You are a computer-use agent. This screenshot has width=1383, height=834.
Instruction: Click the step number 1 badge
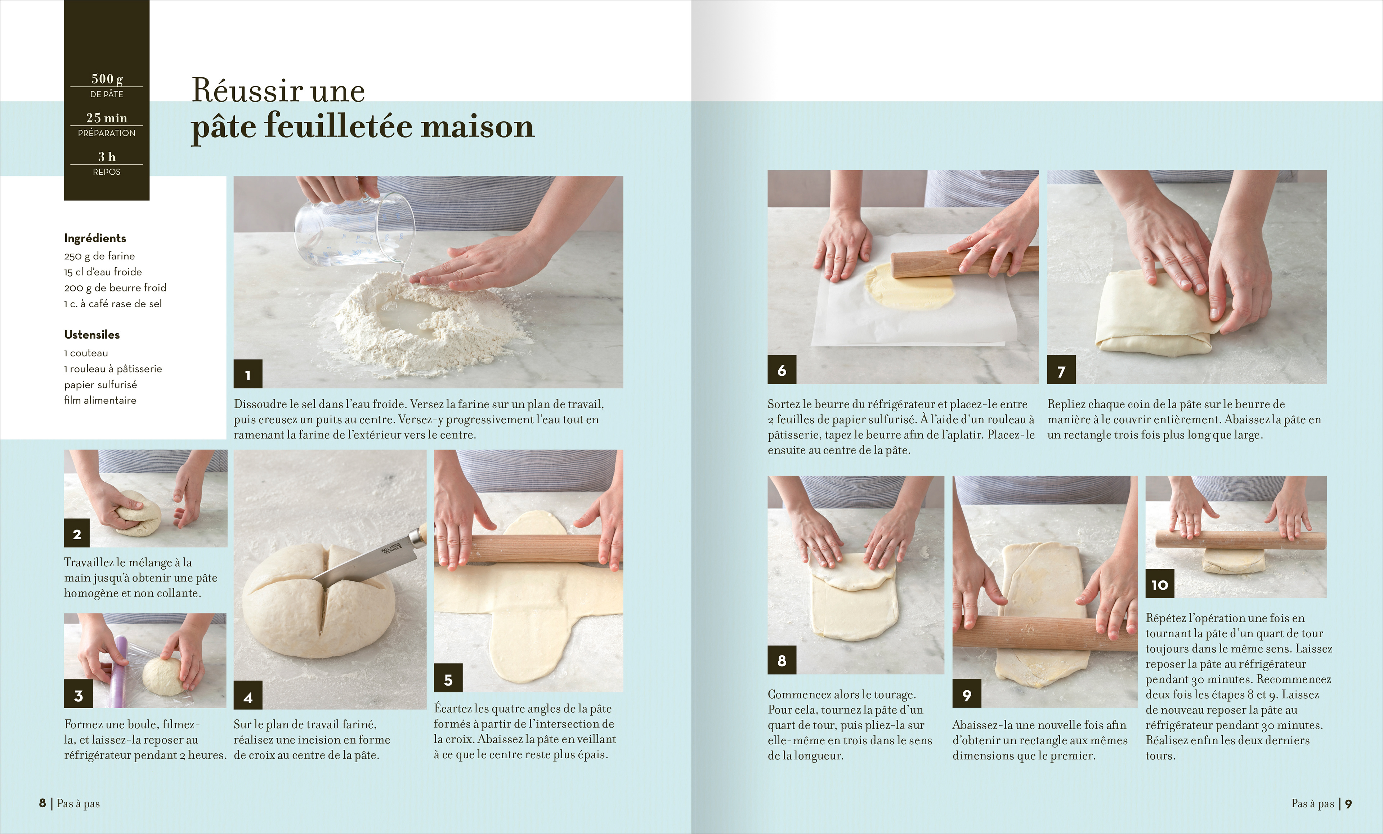248,374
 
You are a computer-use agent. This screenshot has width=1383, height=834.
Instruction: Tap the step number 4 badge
248,696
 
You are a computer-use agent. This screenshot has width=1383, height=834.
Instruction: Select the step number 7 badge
1061,370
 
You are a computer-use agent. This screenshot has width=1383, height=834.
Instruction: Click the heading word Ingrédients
95,238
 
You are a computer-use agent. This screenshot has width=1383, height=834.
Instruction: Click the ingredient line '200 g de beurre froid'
115,287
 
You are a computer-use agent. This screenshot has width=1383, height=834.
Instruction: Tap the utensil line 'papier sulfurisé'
100,385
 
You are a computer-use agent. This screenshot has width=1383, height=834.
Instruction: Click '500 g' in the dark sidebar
107,79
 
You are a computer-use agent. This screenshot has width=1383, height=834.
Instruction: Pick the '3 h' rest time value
107,157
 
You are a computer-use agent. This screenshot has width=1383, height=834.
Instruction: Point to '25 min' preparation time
107,118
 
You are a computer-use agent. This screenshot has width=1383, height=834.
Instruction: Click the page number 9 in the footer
1348,804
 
